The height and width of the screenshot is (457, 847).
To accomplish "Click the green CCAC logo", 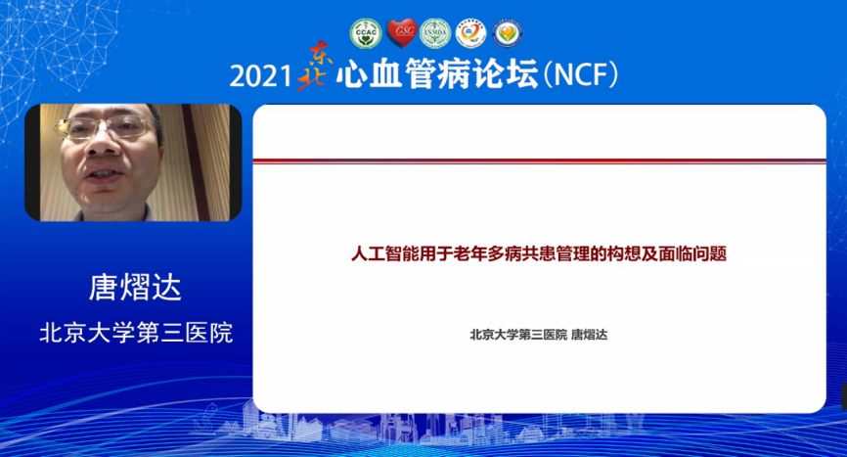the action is [x=366, y=33].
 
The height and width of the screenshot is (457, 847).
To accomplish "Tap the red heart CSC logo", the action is [x=401, y=33].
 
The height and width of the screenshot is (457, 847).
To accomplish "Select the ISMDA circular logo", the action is [x=435, y=33].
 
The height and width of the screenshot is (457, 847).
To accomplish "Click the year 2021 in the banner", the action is [x=260, y=75].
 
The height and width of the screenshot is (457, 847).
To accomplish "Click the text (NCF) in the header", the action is [x=580, y=74].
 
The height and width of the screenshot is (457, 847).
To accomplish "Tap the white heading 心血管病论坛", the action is [x=437, y=73].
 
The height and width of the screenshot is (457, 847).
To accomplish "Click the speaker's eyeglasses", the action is [x=104, y=127].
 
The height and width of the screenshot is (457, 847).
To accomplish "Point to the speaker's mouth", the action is [x=104, y=175].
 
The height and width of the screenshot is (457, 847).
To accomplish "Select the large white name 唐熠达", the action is [x=135, y=287].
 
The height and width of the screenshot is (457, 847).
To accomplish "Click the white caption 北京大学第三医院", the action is [x=136, y=333].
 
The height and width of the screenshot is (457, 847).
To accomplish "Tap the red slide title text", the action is [x=539, y=253].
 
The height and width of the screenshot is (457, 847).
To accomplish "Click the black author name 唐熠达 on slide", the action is [x=590, y=335].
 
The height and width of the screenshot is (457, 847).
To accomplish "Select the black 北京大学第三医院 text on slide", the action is [x=518, y=335].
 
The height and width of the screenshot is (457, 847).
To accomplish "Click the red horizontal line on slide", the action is [x=539, y=160].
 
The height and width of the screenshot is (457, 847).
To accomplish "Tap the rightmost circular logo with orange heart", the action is [x=508, y=33].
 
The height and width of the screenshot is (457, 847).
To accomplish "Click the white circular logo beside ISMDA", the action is [x=470, y=33].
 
